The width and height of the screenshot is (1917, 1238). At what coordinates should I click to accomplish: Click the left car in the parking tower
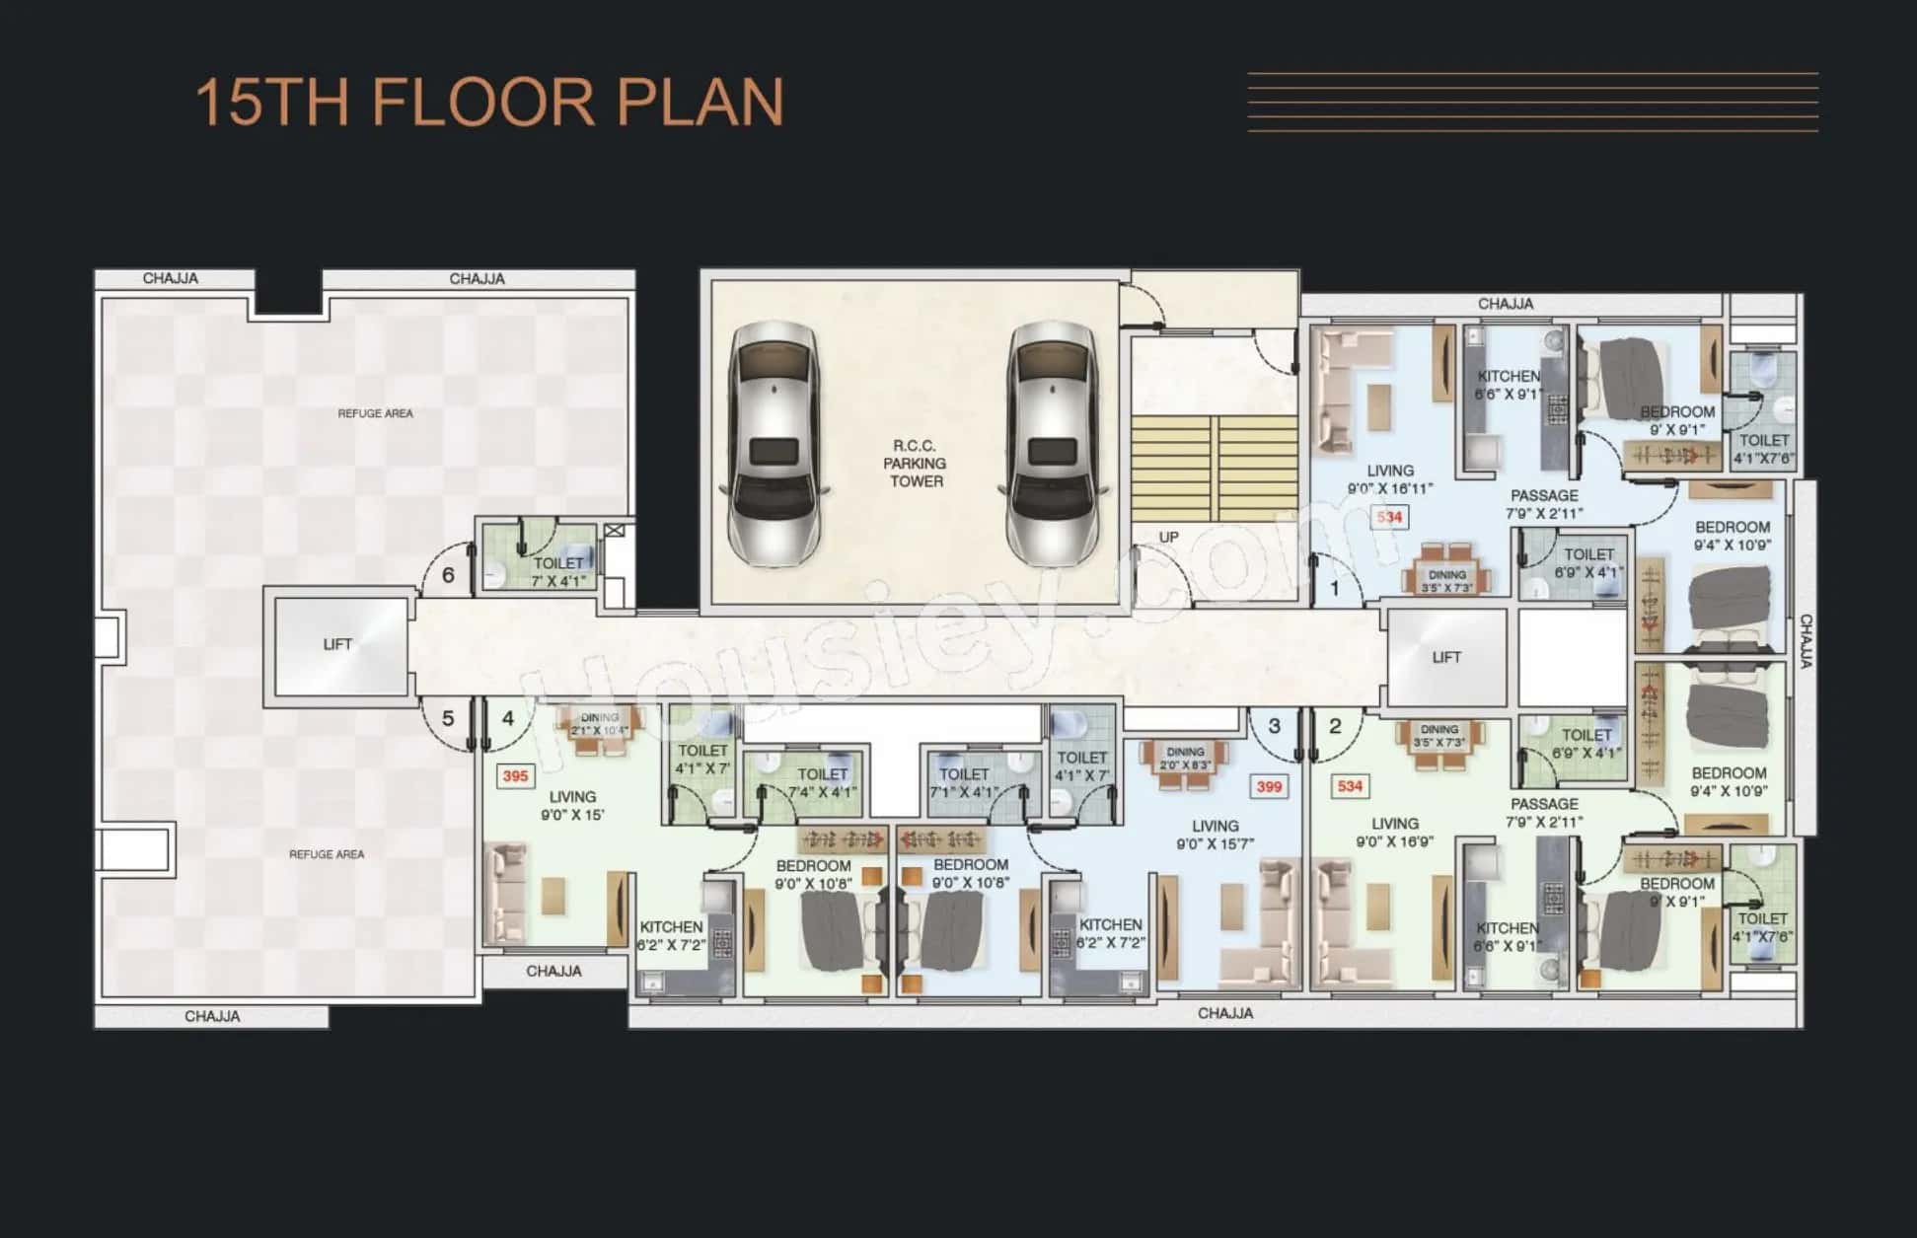coord(774,444)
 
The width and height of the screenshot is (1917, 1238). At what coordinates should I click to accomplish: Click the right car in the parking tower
coord(1052,444)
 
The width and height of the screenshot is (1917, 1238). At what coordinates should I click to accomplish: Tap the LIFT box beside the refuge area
coord(338,645)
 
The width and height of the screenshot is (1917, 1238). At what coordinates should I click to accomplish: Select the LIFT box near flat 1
coord(1446,657)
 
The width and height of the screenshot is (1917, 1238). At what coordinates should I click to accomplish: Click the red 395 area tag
coord(515,776)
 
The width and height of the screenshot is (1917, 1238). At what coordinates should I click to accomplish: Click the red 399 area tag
coord(1269,786)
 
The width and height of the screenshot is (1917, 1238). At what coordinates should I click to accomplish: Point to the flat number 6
coord(448,575)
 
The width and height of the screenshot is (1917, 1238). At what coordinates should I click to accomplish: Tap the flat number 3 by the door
coord(1274,726)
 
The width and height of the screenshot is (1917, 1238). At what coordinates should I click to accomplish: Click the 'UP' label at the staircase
coord(1168,538)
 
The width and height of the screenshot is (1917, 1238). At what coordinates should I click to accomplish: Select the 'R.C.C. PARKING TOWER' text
coord(916,464)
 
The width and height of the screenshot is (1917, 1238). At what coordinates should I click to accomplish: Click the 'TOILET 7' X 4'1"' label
coord(558,572)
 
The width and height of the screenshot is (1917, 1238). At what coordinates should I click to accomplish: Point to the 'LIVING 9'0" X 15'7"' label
coord(1215,835)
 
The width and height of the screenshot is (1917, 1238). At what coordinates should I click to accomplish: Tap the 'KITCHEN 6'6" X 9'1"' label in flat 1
coord(1509,385)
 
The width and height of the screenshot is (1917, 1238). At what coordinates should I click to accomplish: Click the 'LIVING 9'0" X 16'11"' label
coord(1390,479)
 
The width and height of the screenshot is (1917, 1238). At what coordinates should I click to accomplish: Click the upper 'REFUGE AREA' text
coord(375,413)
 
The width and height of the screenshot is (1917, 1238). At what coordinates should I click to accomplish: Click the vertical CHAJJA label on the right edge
coord(1806,641)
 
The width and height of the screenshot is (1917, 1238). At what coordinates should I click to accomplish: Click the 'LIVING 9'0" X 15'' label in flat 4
coord(572,805)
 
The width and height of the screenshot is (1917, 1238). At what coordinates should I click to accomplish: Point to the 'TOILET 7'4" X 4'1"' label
coord(822,783)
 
